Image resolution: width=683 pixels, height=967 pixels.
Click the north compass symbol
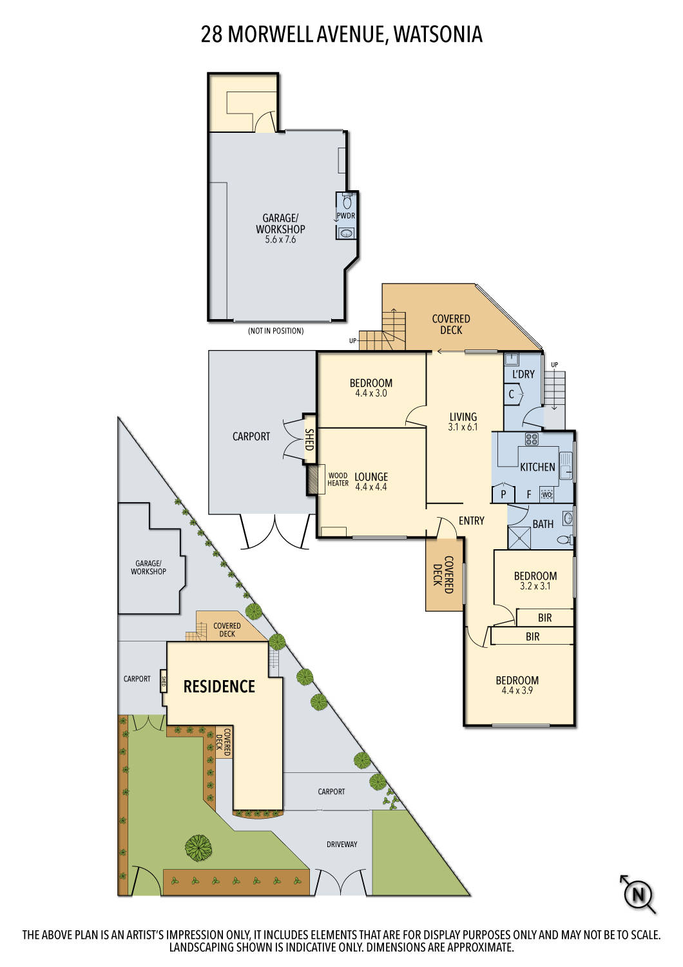pos(638,895)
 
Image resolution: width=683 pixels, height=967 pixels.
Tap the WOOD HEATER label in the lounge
pos(338,480)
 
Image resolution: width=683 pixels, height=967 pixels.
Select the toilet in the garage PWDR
pos(347,202)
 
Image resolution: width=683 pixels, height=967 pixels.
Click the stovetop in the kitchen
pos(532,440)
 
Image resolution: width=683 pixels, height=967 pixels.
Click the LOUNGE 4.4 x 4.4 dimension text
pos(371,487)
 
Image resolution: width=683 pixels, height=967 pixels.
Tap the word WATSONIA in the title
pos(438,34)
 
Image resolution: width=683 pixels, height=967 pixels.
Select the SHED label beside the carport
pos(309,440)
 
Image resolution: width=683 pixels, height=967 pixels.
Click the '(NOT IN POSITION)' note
pos(276,331)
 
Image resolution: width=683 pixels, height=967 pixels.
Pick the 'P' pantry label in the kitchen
pos(503,495)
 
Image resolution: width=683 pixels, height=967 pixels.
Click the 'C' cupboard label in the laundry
pos(512,395)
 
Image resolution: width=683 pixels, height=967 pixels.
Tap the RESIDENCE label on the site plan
pos(219,687)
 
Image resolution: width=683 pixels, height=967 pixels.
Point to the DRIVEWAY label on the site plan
pos(341,844)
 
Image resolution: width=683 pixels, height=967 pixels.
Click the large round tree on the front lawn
pos(198,848)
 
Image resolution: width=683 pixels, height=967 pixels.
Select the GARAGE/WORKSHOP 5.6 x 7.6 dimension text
pos(280,240)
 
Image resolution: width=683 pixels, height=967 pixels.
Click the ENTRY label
pos(471,521)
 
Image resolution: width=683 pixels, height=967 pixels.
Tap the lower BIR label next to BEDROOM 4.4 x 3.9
pos(532,637)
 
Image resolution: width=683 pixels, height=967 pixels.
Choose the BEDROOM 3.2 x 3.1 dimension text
pos(535,587)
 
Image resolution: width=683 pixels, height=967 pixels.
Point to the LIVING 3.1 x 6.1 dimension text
pos(463,427)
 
